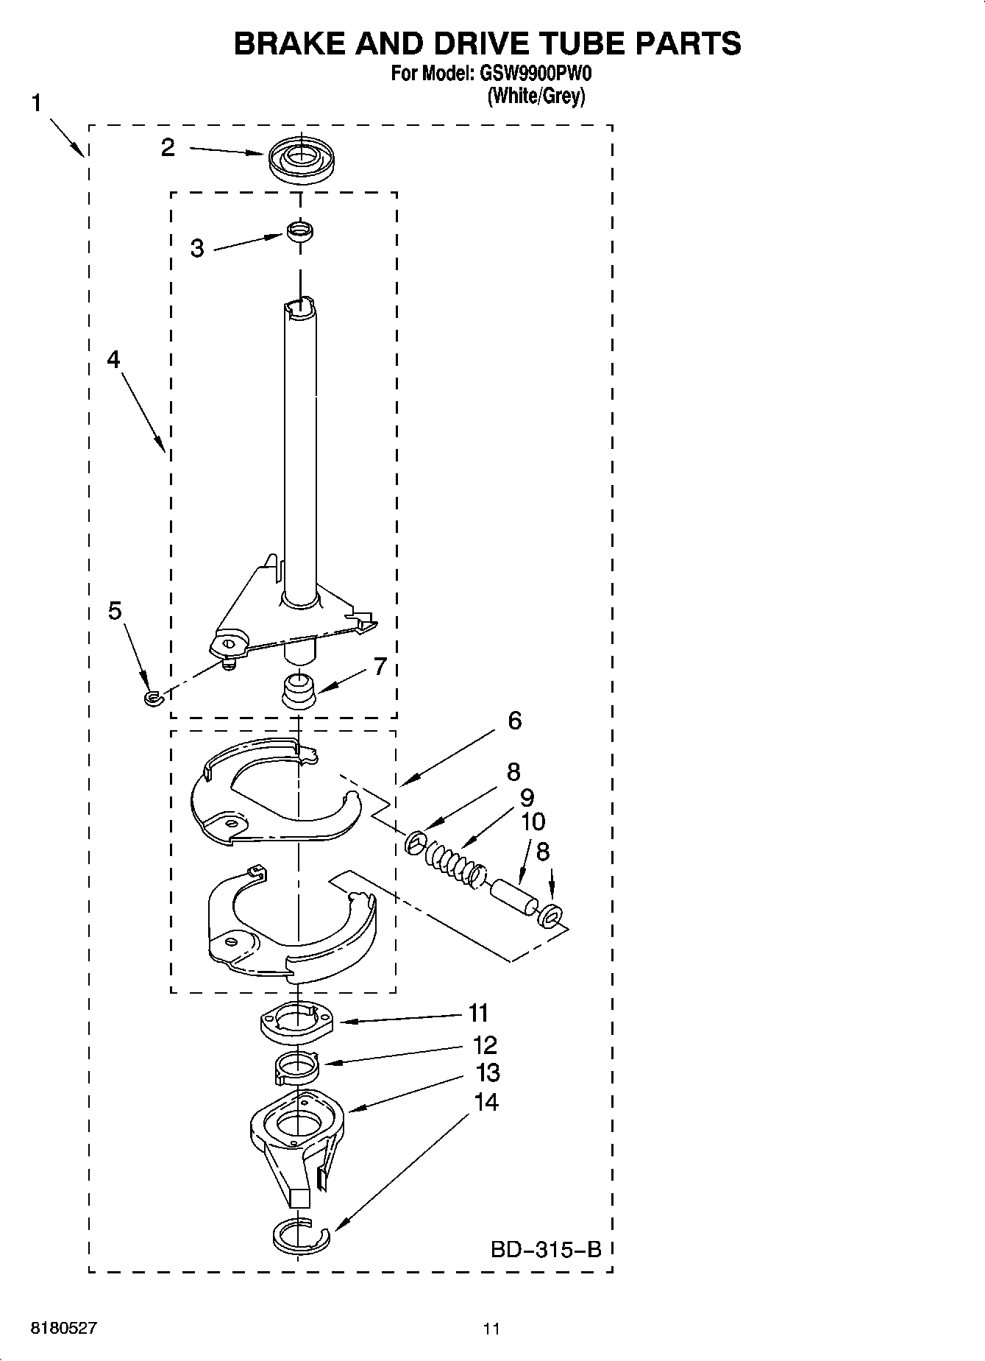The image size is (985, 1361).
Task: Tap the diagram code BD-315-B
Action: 546,1249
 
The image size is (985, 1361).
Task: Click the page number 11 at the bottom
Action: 491,1329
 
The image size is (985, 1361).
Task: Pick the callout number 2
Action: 168,148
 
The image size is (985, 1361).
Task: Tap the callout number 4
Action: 113,359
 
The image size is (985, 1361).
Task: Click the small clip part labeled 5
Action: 152,697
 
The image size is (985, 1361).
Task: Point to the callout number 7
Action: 380,667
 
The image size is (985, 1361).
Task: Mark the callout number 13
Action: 488,1073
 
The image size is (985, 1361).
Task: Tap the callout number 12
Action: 486,1045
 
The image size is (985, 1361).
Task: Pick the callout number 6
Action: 514,721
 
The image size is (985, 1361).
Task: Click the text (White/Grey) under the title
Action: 536,96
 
